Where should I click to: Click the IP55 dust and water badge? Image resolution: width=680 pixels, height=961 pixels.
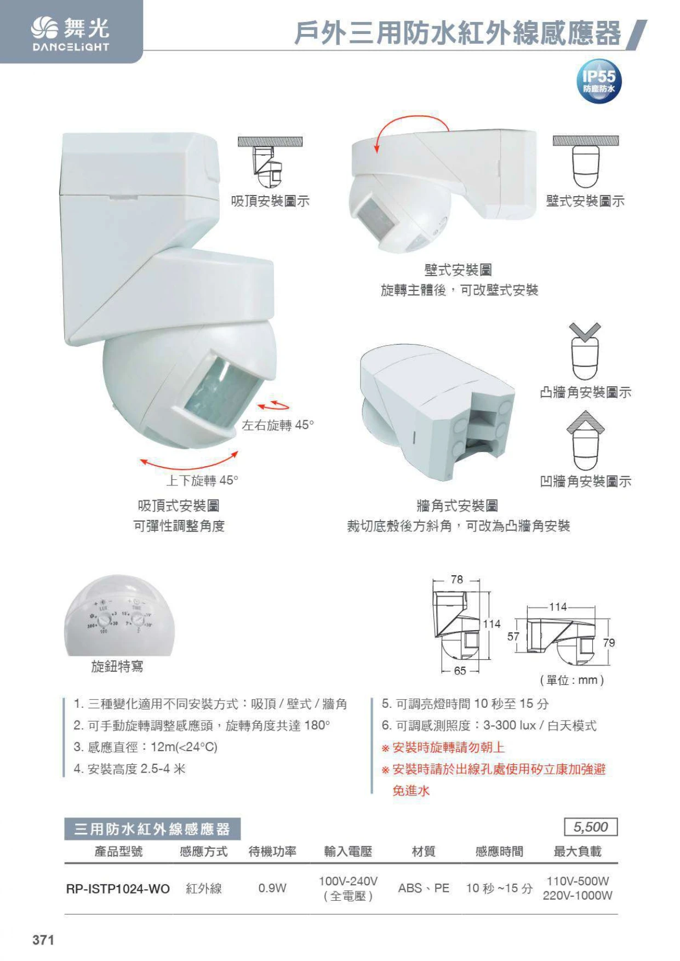[599, 81]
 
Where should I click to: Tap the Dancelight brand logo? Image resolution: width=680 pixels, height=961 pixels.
[71, 34]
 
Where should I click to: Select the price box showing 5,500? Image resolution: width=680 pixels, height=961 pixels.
[591, 827]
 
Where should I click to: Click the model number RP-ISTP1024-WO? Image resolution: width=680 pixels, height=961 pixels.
[118, 888]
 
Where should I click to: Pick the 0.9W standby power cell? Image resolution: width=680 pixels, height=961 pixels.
[272, 888]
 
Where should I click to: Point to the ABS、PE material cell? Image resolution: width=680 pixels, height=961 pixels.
[424, 888]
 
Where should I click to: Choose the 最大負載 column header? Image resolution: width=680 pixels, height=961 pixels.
[578, 851]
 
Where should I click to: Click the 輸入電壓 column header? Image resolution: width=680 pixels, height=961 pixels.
[348, 851]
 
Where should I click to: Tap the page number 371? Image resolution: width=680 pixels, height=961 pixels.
[43, 940]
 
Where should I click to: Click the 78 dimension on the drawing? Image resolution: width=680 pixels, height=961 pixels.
[457, 579]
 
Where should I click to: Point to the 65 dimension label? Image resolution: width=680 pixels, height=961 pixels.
[460, 671]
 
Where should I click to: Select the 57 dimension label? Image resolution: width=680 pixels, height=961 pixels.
[513, 636]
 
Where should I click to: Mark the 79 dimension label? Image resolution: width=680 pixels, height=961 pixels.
[609, 643]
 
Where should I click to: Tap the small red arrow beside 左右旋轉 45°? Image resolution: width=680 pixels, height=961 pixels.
[273, 405]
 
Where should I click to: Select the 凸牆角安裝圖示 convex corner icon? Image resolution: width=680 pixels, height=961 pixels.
[585, 351]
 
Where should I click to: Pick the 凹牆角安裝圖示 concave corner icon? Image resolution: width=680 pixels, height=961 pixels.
[585, 441]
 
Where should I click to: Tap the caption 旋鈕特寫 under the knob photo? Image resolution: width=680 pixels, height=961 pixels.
[117, 666]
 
